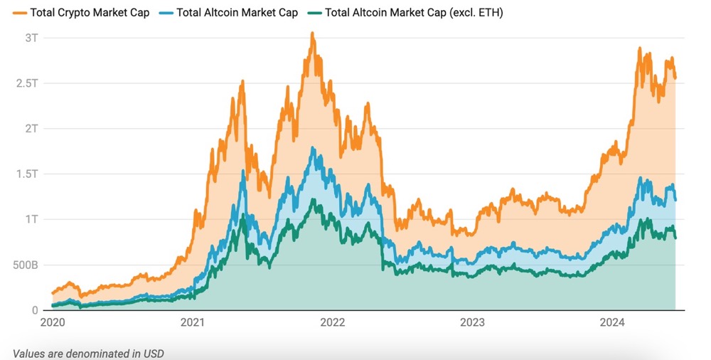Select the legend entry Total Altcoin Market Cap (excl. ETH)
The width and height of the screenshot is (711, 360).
[413, 12]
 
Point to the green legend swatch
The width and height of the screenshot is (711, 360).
[312, 12]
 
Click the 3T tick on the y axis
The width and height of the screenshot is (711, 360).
[32, 37]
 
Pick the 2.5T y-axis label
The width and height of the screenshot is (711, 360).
[28, 83]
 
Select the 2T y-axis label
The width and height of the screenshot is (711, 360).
[32, 128]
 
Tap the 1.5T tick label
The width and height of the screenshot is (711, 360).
[28, 174]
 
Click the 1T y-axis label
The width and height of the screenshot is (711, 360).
[32, 219]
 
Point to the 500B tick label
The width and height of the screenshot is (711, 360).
[24, 265]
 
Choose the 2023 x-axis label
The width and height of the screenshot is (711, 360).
[473, 323]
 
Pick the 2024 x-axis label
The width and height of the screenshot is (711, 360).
[612, 323]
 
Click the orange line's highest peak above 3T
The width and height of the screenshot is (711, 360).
[311, 33]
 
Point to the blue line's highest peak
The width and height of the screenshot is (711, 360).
[313, 149]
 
